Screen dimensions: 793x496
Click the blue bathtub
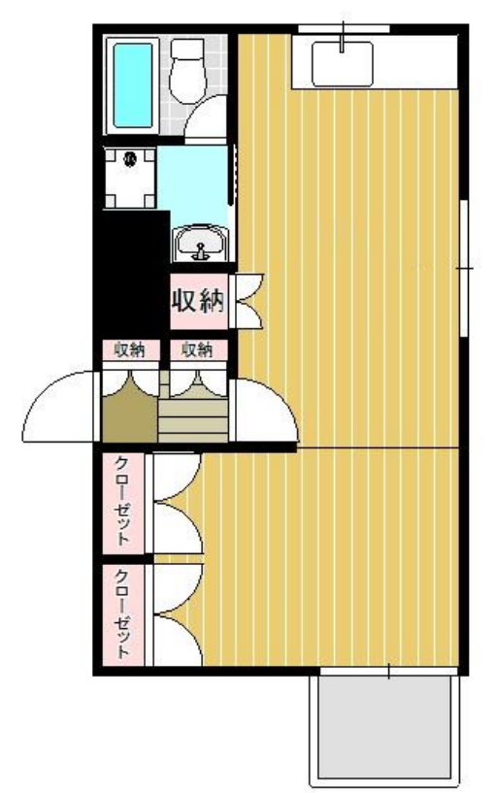pos(133,84)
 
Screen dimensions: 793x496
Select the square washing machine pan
pos(130,178)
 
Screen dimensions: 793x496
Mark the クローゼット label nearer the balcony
pos(123,613)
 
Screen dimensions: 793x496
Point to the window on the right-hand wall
pos(466,267)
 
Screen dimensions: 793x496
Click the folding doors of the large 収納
pos(246,301)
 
